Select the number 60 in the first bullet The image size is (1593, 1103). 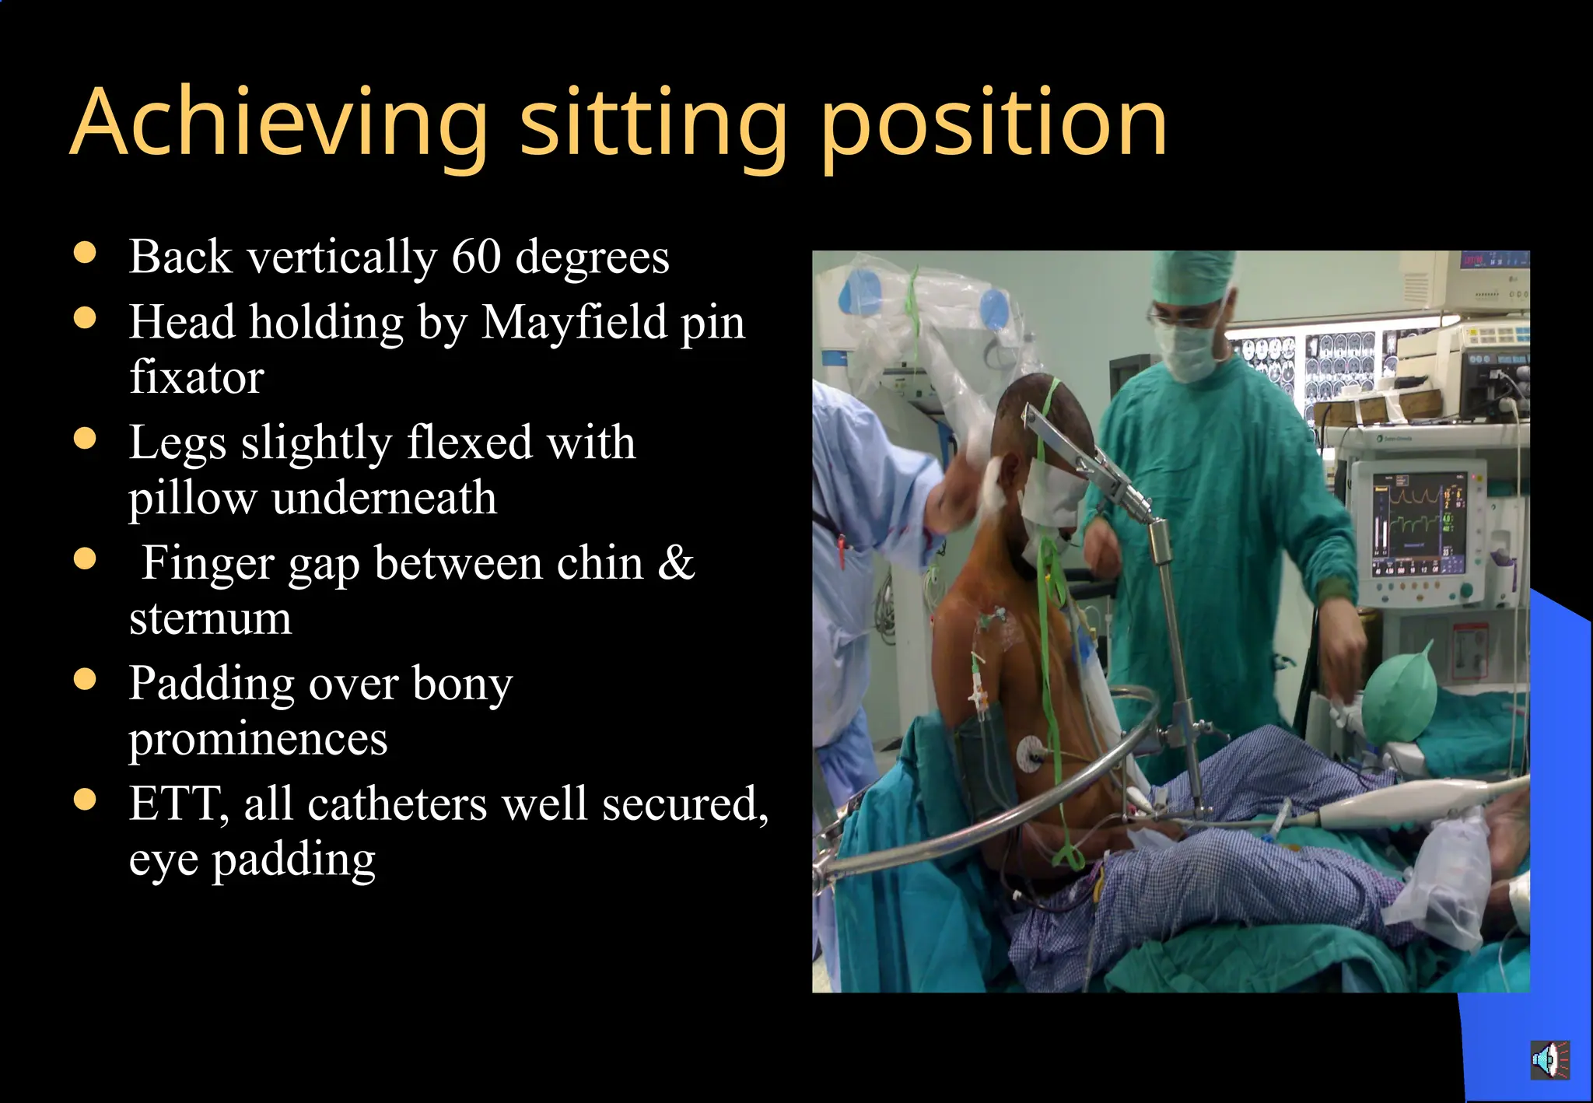point(476,257)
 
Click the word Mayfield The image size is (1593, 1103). point(574,322)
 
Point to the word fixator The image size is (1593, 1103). point(196,377)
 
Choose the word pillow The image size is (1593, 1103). point(192,498)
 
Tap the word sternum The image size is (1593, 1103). point(210,618)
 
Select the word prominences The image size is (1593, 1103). point(258,738)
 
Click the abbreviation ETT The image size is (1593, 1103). point(174,804)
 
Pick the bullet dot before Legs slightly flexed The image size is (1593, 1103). point(85,438)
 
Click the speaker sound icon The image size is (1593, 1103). point(1549,1059)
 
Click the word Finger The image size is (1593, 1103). point(208,562)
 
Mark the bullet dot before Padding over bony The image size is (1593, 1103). point(85,679)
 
